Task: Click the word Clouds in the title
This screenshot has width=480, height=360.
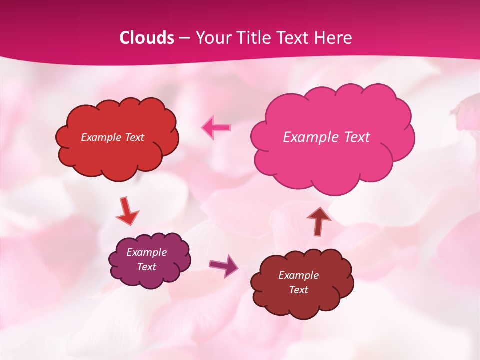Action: click(x=147, y=38)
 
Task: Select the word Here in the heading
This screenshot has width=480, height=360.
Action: click(x=333, y=38)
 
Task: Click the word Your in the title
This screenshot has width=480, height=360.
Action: click(x=212, y=38)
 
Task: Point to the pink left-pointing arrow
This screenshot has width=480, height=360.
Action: click(x=216, y=127)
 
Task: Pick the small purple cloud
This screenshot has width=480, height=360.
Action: click(x=150, y=260)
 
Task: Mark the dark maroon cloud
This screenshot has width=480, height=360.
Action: click(x=302, y=283)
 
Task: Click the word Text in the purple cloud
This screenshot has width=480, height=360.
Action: click(x=147, y=267)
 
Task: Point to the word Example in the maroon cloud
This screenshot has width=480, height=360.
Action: click(x=298, y=275)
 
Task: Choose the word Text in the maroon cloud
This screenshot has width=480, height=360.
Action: click(x=298, y=290)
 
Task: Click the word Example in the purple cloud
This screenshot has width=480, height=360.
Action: click(x=147, y=252)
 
